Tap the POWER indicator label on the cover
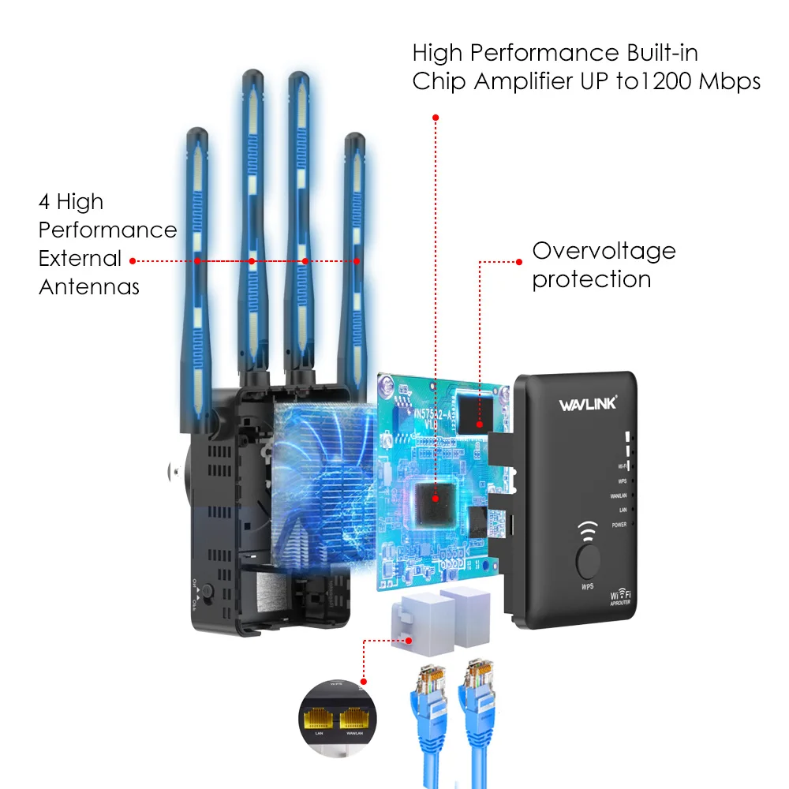pos(619,525)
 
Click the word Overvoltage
pos(604,251)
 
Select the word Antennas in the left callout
pos(89,286)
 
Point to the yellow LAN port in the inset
pos(320,717)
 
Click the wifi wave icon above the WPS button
pos(588,529)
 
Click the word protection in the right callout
pos(591,279)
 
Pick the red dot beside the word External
pos(133,260)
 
